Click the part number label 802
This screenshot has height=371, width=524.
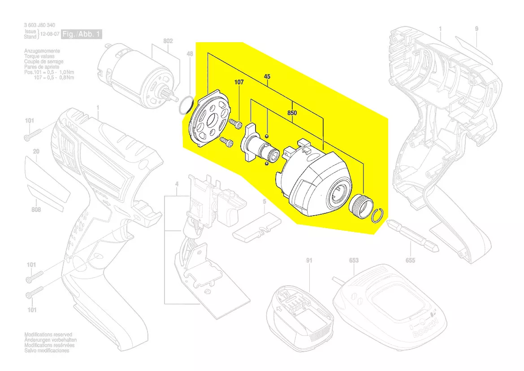pos(168,41)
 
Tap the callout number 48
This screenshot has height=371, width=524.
pos(190,54)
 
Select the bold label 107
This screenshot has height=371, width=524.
pos(238,83)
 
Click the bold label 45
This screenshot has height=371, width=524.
pos(267,77)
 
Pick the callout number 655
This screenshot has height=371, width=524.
pos(410,260)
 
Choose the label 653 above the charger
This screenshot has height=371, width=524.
pos(354,260)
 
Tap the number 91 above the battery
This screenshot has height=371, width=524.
pos(309,260)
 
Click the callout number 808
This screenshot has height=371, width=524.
pos(36,209)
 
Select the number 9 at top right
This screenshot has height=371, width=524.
pos(476,29)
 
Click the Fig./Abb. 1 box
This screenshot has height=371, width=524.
pos(82,34)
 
